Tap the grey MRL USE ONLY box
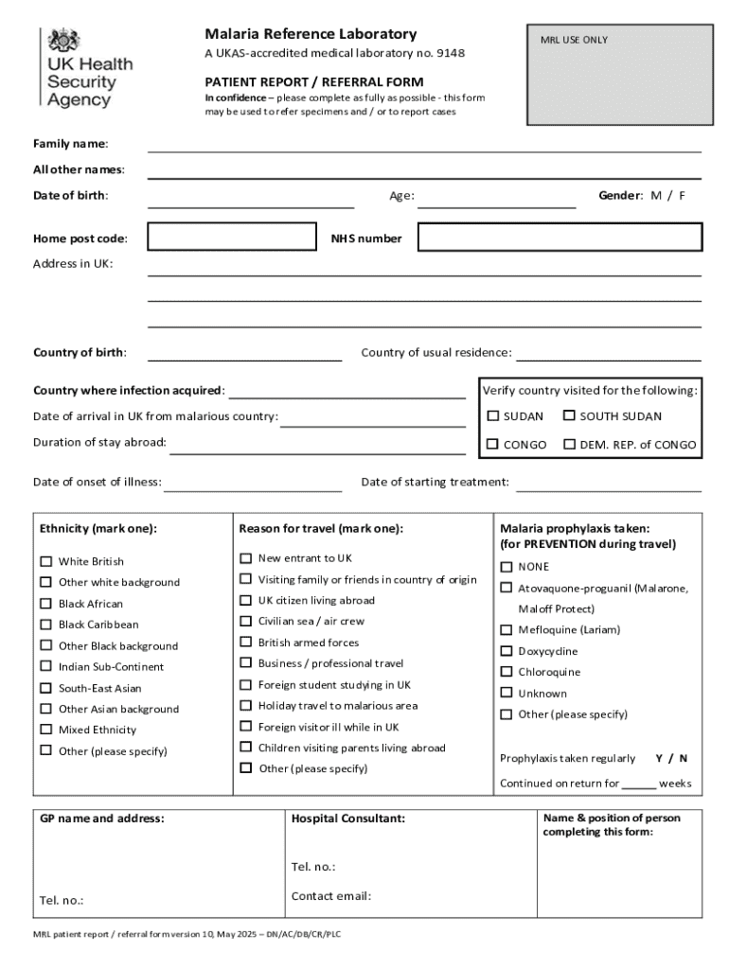pos(620,76)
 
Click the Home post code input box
pos(231,238)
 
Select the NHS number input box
pos(560,238)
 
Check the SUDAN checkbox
pos(493,415)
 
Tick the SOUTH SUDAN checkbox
pos(569,415)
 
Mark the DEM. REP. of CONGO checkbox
pos(569,444)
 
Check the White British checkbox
pos(45,561)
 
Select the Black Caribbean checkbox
pos(45,625)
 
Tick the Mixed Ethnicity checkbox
pos(45,730)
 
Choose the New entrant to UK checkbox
pos(245,558)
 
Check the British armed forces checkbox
pos(245,643)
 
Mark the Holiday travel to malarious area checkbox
pos(245,706)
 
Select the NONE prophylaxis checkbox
pos(506,567)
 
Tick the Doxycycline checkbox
pos(506,651)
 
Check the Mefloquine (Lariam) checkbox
pos(506,630)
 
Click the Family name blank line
pos(424,146)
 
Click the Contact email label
pos(330,896)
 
